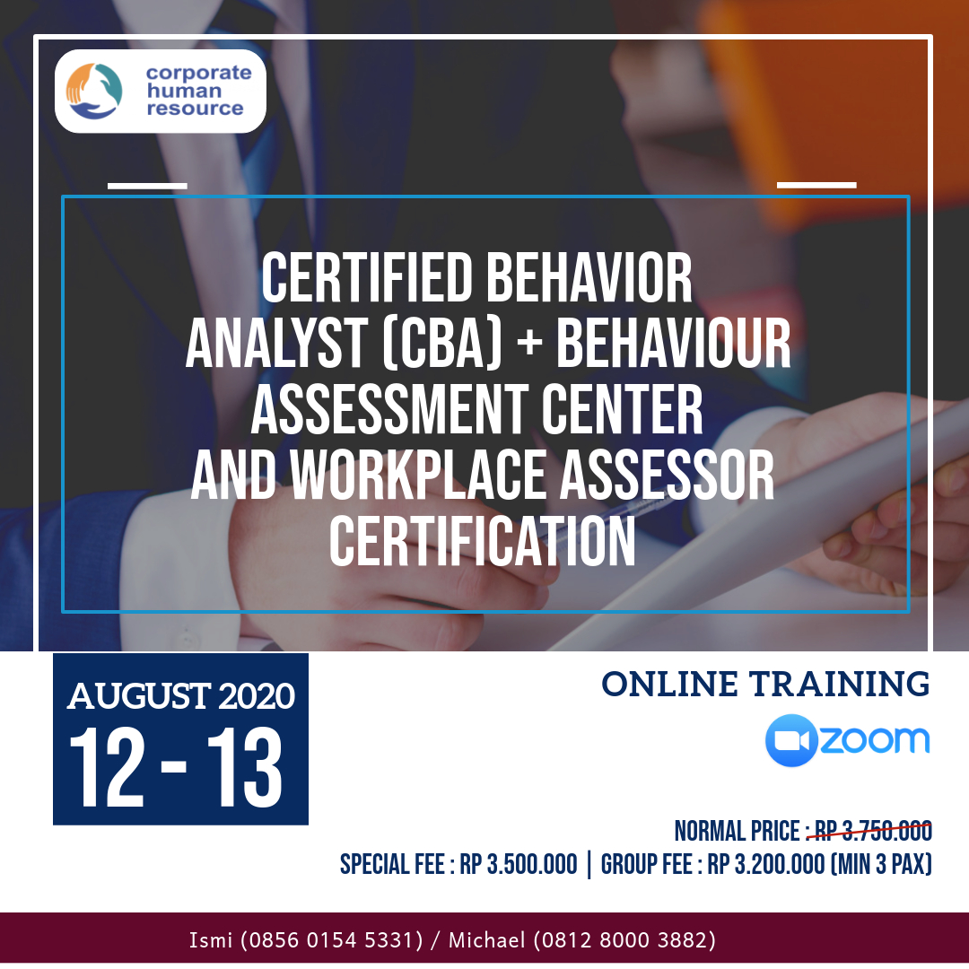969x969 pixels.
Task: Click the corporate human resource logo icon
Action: tap(94, 91)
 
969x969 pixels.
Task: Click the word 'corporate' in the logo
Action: tap(199, 73)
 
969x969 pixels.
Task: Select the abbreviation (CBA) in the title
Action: tap(442, 344)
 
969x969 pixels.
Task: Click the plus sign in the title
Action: tap(529, 343)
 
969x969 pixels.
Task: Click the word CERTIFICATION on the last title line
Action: tap(483, 541)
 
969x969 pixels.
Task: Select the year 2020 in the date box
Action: tap(257, 696)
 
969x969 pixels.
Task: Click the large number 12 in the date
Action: tap(109, 767)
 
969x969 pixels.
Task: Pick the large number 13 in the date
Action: tap(245, 767)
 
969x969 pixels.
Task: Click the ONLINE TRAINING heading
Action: tap(765, 684)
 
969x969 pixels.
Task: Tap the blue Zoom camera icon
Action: tap(791, 740)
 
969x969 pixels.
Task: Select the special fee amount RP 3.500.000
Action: tap(519, 865)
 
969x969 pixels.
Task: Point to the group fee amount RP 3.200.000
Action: tap(765, 865)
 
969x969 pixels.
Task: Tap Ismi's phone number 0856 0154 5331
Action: tap(331, 940)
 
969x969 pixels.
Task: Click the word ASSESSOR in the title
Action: tap(667, 475)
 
